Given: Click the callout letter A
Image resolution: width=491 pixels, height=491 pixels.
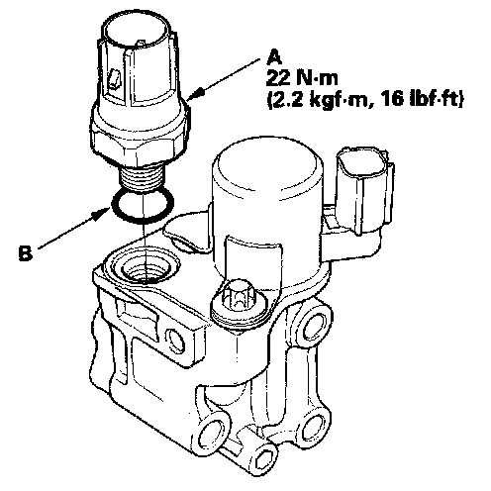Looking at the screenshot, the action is pyautogui.click(x=274, y=57).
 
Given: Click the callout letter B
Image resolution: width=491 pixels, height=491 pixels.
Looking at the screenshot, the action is pyautogui.click(x=26, y=253).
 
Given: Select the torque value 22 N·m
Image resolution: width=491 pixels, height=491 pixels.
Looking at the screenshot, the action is pyautogui.click(x=302, y=78).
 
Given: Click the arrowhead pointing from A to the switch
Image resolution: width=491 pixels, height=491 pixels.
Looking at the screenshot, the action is pyautogui.click(x=197, y=93).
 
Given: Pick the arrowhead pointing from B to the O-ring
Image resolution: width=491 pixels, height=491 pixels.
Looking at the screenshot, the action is pyautogui.click(x=99, y=215).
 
